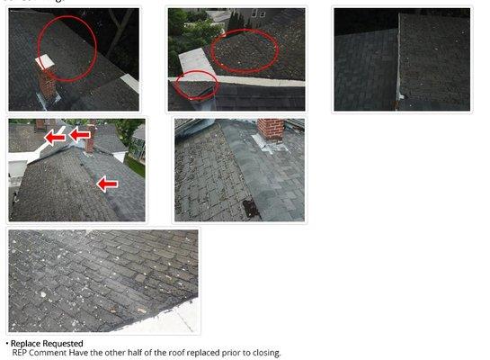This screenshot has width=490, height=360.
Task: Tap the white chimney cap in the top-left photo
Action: tap(45, 62)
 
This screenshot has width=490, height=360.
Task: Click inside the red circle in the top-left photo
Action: tap(67, 45)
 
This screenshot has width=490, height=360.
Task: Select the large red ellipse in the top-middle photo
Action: tap(244, 50)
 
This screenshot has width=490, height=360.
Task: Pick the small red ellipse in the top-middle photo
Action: tap(195, 86)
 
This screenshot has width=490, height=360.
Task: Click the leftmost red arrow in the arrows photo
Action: tap(55, 137)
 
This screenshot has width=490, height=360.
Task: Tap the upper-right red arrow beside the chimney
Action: tap(81, 135)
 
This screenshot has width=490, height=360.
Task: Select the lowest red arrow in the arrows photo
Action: tap(107, 184)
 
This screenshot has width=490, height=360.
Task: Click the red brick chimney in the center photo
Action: tap(270, 130)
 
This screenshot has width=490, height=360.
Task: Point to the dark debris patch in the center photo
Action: tap(251, 208)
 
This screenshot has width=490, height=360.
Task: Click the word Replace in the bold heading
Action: tap(28, 344)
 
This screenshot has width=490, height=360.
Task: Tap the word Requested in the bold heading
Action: tap(65, 344)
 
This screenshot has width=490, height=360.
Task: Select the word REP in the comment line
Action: tap(21, 353)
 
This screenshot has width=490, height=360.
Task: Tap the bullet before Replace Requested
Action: tap(6, 344)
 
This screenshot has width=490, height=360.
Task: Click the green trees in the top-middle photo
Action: tap(191, 27)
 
